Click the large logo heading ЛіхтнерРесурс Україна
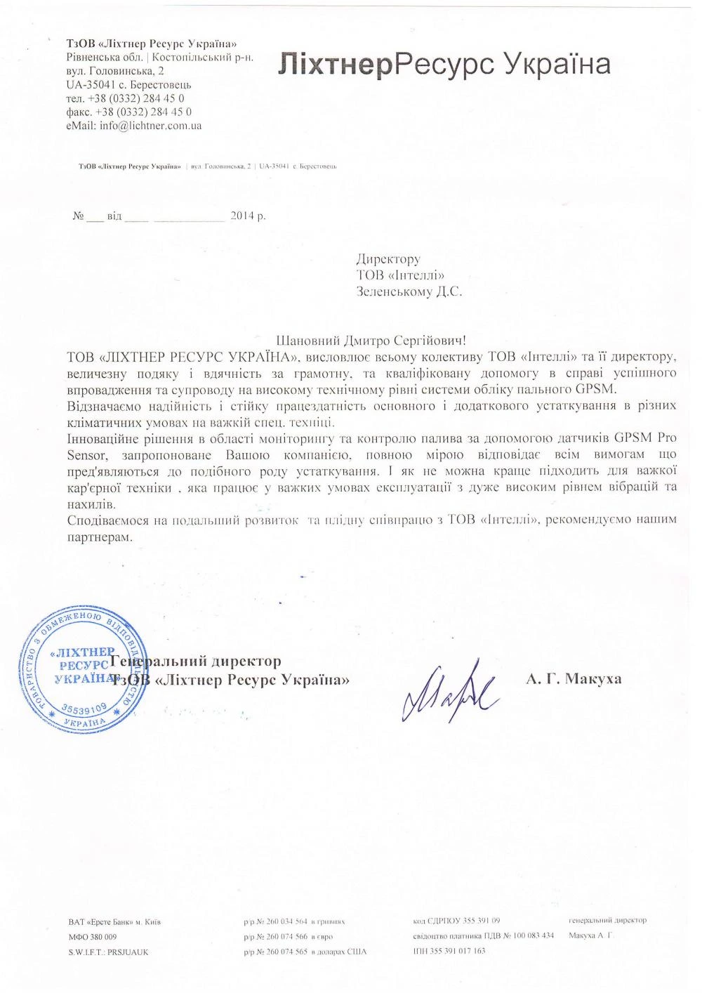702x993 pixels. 444,65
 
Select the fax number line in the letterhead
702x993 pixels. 129,112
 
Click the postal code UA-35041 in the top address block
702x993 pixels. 88,84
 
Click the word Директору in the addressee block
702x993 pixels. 388,260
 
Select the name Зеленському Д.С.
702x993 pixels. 409,291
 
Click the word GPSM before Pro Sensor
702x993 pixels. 633,438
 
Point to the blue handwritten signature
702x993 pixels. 448,690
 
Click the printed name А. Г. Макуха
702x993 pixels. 574,678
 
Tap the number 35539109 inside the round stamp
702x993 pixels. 84,707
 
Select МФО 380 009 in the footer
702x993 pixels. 93,937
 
